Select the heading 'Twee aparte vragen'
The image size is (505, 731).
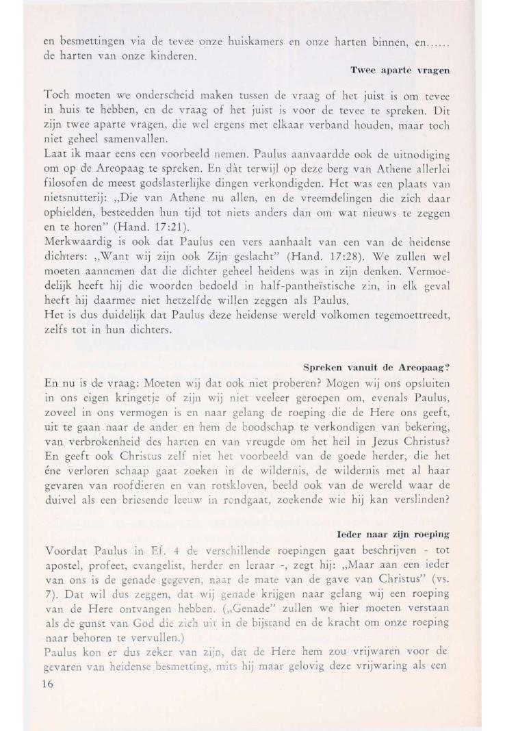(x=399, y=70)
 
